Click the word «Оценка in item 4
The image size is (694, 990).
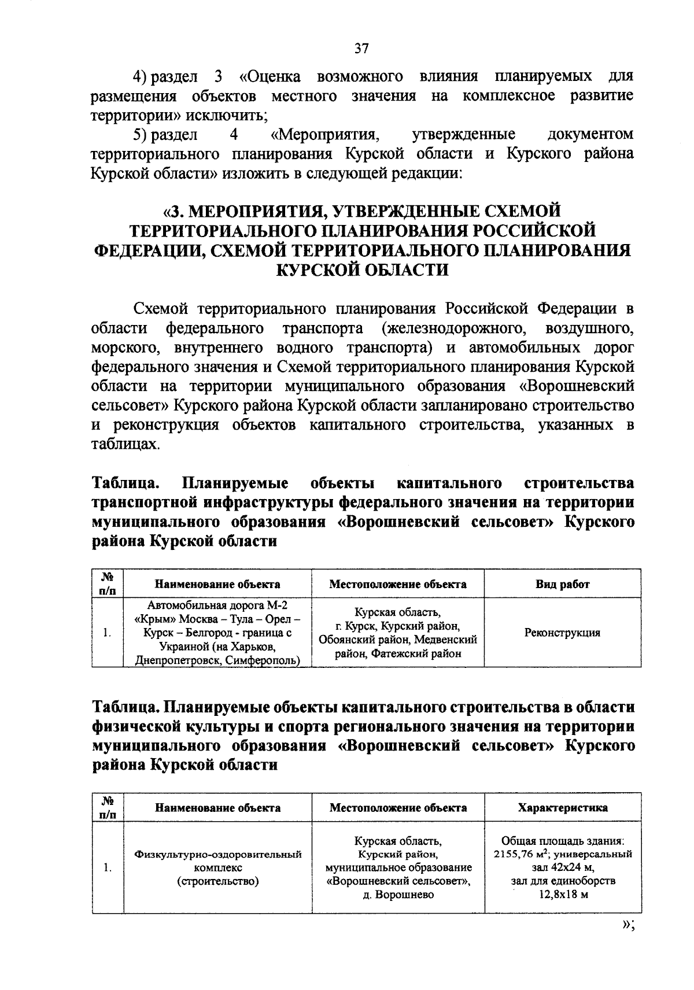click(268, 76)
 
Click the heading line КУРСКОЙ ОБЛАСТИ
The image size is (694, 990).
click(363, 270)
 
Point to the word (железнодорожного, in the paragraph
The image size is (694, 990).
click(452, 328)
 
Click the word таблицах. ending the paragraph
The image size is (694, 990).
click(124, 444)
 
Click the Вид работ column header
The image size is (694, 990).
click(562, 584)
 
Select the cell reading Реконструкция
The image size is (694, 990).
click(562, 633)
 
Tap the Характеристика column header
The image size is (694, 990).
click(563, 808)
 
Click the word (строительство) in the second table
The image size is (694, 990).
click(217, 881)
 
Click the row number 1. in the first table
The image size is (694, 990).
click(108, 633)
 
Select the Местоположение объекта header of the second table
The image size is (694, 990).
click(398, 808)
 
